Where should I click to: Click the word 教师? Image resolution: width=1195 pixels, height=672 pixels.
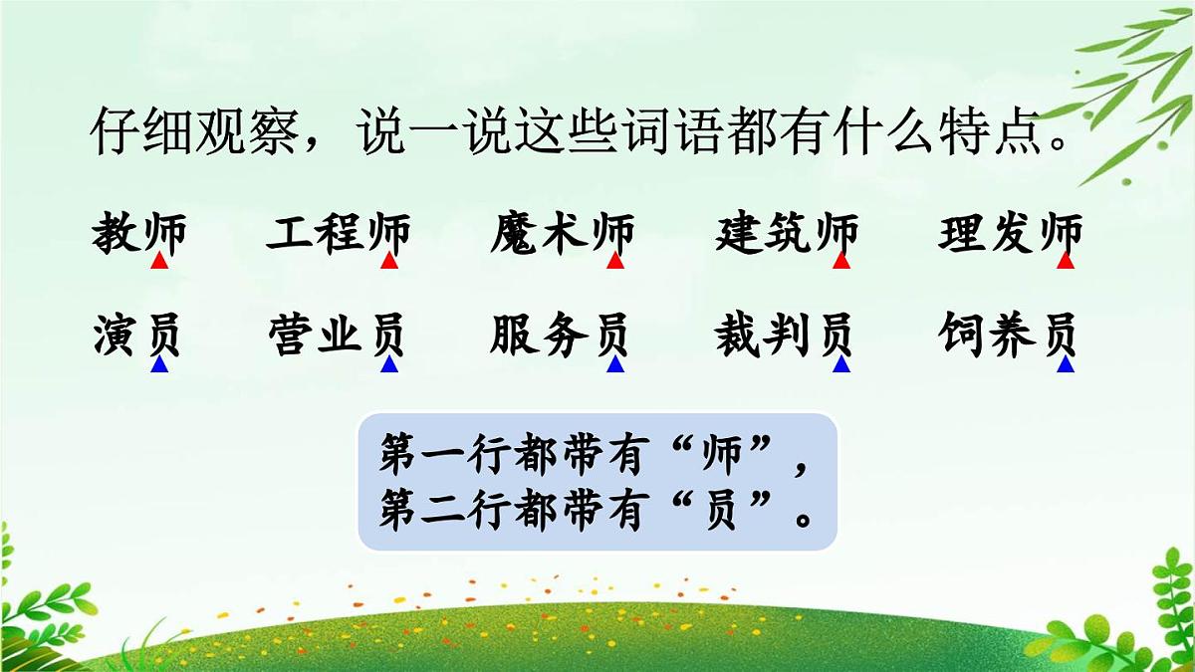point(138,235)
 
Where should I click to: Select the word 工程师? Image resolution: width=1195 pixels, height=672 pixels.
point(338,235)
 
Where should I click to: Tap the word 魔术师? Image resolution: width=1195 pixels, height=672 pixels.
point(563,235)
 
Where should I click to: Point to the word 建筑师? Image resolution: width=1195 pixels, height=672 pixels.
point(787,235)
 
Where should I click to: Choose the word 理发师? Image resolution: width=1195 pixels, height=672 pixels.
point(1010,235)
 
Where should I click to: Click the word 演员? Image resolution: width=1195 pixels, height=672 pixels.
point(138,336)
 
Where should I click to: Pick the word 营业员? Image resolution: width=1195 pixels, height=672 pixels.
point(338,336)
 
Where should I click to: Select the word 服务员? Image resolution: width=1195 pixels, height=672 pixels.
point(562,336)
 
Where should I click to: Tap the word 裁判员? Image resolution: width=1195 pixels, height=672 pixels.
point(786,336)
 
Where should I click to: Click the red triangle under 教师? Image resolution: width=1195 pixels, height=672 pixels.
point(159,262)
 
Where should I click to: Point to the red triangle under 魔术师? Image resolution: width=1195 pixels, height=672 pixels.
point(615,262)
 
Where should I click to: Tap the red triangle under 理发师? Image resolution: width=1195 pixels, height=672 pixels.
point(1066,262)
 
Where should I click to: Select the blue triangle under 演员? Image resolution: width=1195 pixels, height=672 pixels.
point(159,365)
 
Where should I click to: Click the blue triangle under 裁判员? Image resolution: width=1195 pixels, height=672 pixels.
point(841,365)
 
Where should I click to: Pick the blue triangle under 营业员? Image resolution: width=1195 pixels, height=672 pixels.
point(389,365)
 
